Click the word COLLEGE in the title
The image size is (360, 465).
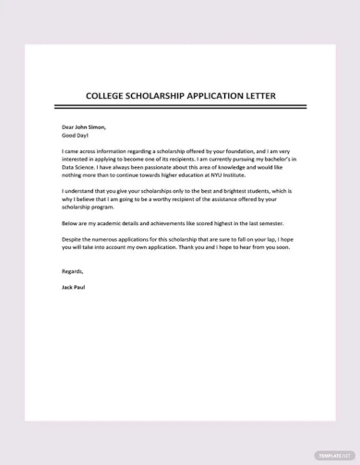click(x=107, y=95)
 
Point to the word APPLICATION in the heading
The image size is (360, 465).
click(x=219, y=95)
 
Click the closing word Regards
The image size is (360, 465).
click(x=72, y=272)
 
